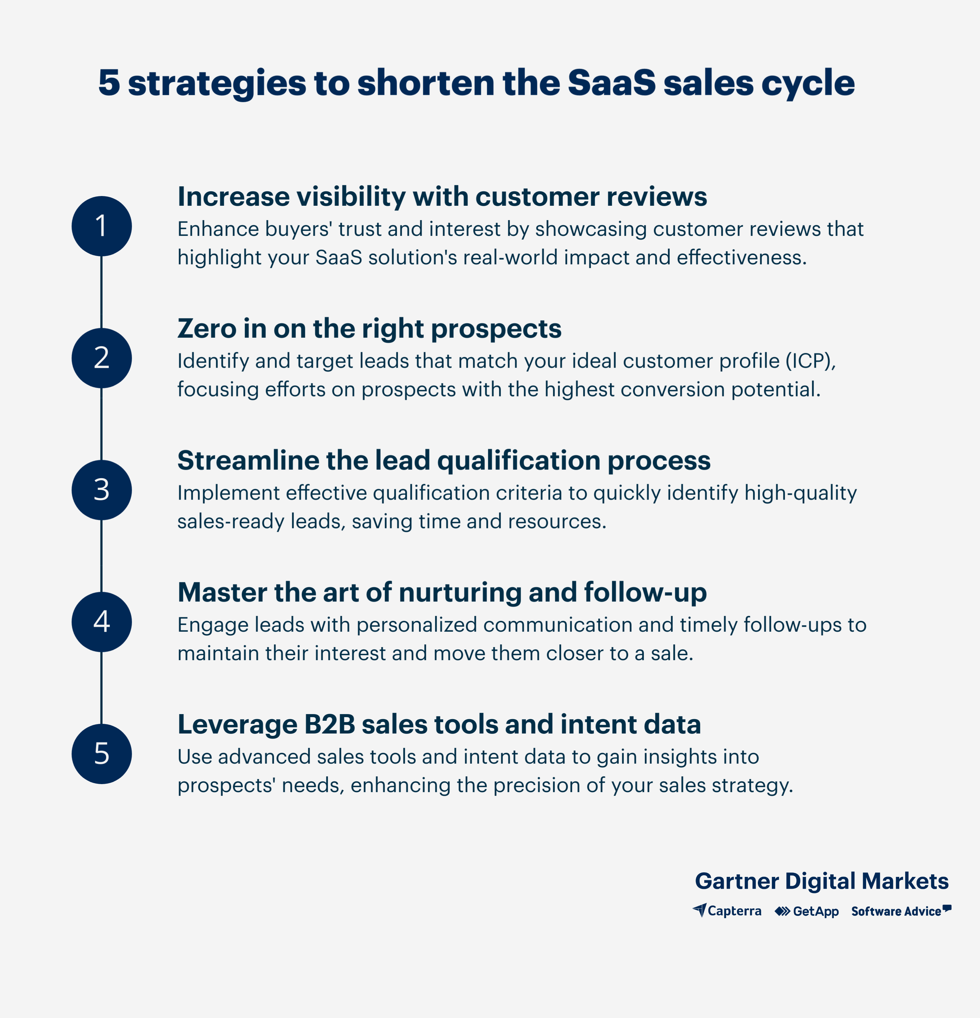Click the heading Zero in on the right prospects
[x=369, y=329]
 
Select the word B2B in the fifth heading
[x=329, y=724]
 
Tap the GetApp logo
[x=806, y=911]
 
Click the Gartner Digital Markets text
[x=822, y=881]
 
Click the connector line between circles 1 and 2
[x=101, y=292]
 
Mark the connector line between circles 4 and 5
[x=101, y=688]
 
